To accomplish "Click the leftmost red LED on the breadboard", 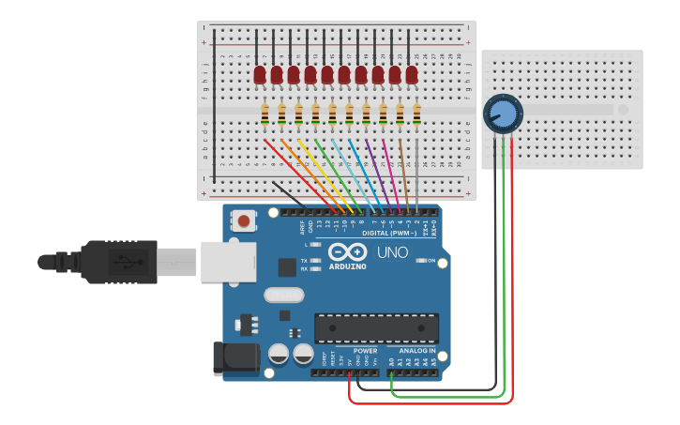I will tap(260, 74).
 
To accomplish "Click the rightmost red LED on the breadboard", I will tap(412, 74).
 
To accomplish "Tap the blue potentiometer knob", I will tap(503, 114).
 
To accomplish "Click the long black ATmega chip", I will tap(376, 328).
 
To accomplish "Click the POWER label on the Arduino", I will tap(365, 351).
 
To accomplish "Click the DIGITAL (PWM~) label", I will tap(388, 233).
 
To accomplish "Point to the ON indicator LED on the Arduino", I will tap(421, 261).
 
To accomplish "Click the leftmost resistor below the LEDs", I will tap(265, 114).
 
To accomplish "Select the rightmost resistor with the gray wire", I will tap(416, 114).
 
